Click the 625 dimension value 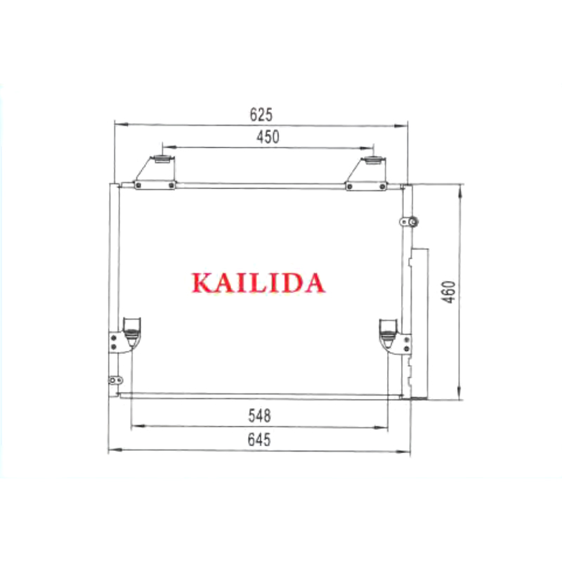(261, 115)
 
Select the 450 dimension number (268, 137)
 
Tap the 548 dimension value (259, 416)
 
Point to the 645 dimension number (259, 440)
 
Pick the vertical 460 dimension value (449, 292)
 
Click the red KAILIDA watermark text (259, 283)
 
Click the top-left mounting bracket (155, 173)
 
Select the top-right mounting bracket (366, 173)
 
